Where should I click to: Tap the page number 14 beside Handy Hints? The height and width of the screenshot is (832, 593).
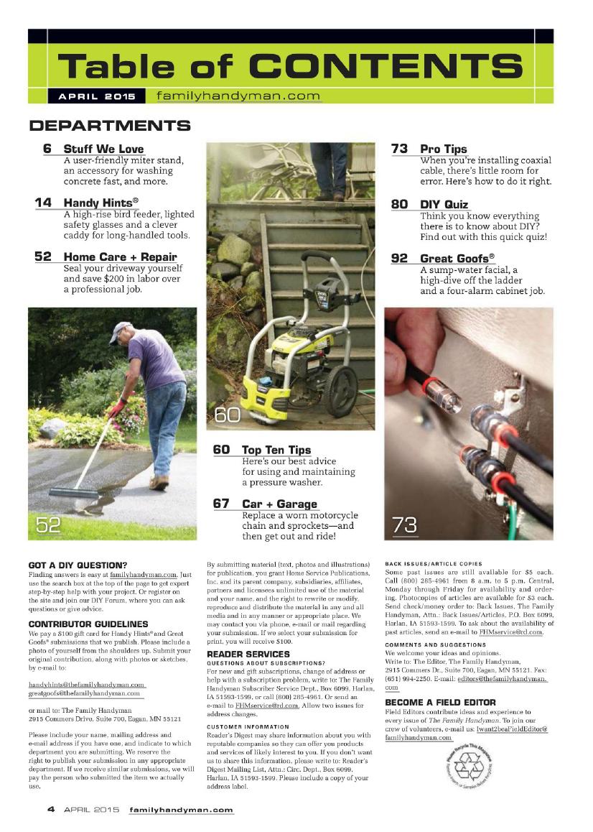pos(43,203)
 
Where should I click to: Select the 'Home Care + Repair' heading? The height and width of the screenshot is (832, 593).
pos(120,256)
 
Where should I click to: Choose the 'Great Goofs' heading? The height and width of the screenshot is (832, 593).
pos(457,258)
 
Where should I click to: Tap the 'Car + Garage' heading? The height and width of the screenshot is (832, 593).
pos(279,504)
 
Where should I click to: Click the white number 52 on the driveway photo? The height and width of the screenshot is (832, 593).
pos(49,525)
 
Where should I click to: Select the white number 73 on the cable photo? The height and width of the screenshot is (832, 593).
pos(404,525)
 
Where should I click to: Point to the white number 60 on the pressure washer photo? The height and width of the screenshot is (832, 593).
pos(228,415)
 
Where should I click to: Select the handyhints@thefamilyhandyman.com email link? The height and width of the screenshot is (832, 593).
pos(86,685)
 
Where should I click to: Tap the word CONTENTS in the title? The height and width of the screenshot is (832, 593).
pos(387,66)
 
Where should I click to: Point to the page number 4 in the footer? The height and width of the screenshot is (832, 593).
pos(51,809)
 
